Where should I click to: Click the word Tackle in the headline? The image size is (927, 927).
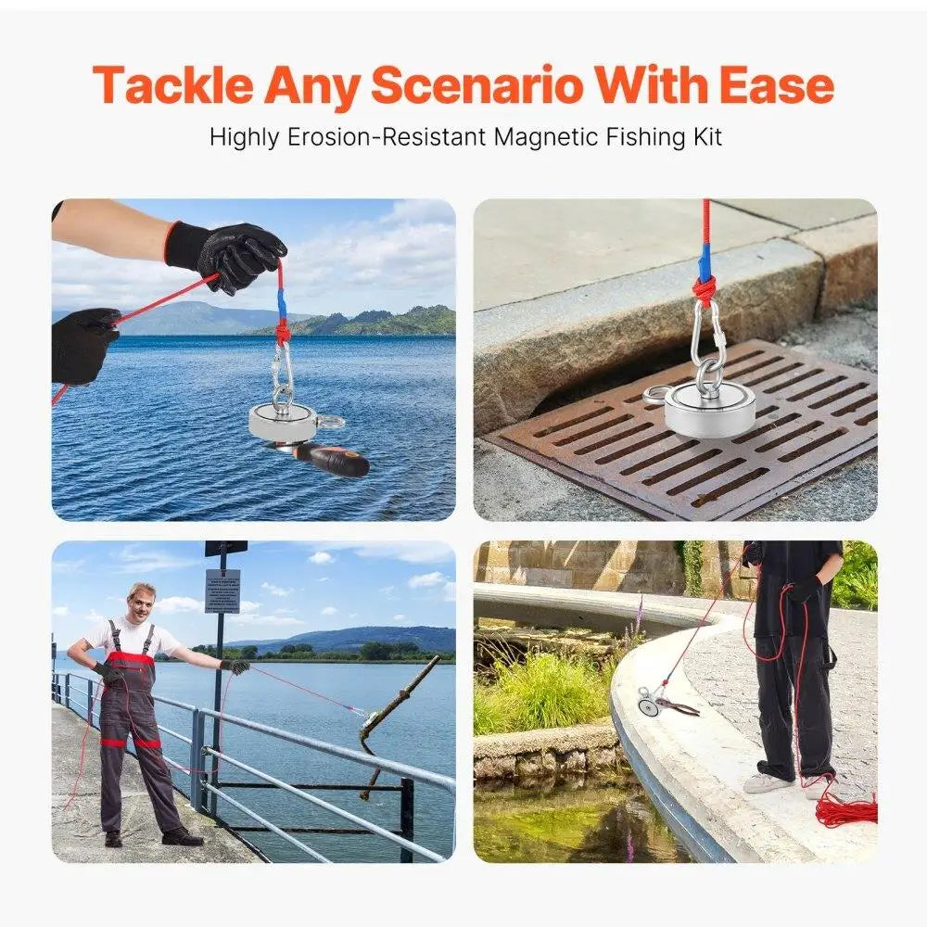point(173,85)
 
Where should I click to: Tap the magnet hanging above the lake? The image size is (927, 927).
point(283,422)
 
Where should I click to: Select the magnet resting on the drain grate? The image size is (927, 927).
point(709,409)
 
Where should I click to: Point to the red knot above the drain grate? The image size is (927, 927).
point(705,288)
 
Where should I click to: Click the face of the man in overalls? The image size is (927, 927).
point(142,604)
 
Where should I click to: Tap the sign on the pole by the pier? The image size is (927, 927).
point(222,590)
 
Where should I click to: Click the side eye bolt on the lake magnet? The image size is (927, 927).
point(330,423)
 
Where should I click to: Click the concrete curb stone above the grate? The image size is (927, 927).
point(649,306)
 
